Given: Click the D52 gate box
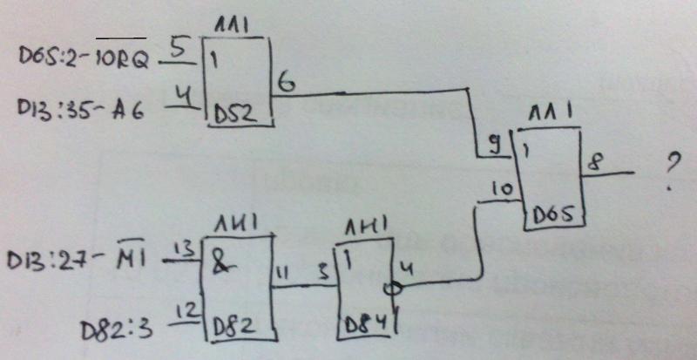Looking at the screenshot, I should (x=238, y=83).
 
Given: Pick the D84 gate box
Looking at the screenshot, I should (x=366, y=292).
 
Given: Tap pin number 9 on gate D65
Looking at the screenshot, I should (x=495, y=145).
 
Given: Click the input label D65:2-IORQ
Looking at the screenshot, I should (x=84, y=58).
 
